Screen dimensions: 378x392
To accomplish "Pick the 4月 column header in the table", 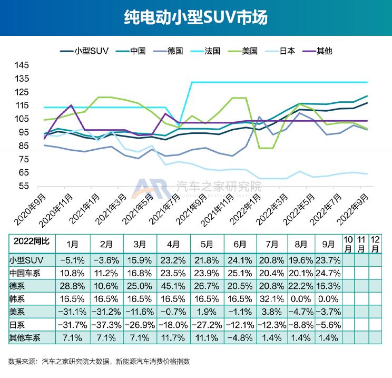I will point(174,245).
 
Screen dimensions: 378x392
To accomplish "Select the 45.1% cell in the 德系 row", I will point(174,285).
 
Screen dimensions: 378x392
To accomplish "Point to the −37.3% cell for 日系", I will point(107,324).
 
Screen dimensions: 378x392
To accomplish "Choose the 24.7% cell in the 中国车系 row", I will point(328,272).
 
